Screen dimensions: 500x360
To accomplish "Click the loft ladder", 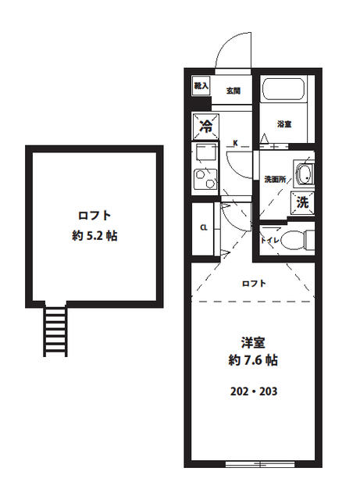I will [56, 330].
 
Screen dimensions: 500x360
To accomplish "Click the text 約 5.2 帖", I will [91, 235].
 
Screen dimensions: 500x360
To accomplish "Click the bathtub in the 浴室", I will [284, 90].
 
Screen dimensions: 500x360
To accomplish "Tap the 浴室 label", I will [283, 123].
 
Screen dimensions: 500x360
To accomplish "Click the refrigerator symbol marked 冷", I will [207, 126].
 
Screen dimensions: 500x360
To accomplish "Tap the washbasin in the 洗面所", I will [304, 173].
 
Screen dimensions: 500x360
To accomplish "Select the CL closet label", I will [202, 228].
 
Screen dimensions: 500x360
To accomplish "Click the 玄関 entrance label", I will [233, 91].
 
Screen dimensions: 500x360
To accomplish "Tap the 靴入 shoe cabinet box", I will [201, 85].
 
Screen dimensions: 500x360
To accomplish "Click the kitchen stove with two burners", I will [205, 178].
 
